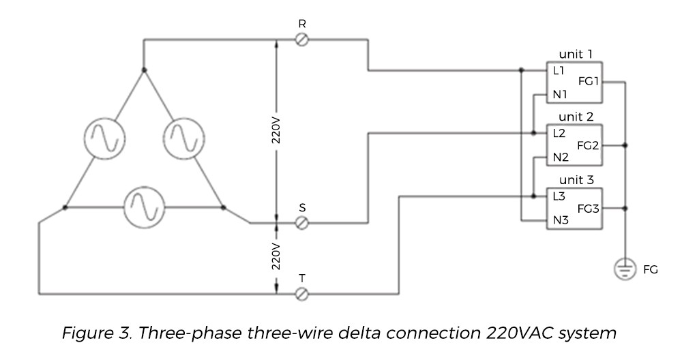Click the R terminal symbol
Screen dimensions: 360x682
[x=303, y=41]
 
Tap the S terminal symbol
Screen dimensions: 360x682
[x=303, y=222]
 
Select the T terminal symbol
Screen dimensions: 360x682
[x=303, y=294]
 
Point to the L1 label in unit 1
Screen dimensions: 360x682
[x=559, y=70]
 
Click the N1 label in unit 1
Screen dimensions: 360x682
[x=561, y=94]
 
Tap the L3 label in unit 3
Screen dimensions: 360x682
[x=560, y=196]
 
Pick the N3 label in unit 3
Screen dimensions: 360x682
[x=561, y=220]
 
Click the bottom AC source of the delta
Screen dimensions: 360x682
[x=143, y=207]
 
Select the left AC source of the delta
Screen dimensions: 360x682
[x=102, y=137]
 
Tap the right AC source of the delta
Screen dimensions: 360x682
[x=184, y=137]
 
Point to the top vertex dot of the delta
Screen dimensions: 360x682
[x=143, y=70]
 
